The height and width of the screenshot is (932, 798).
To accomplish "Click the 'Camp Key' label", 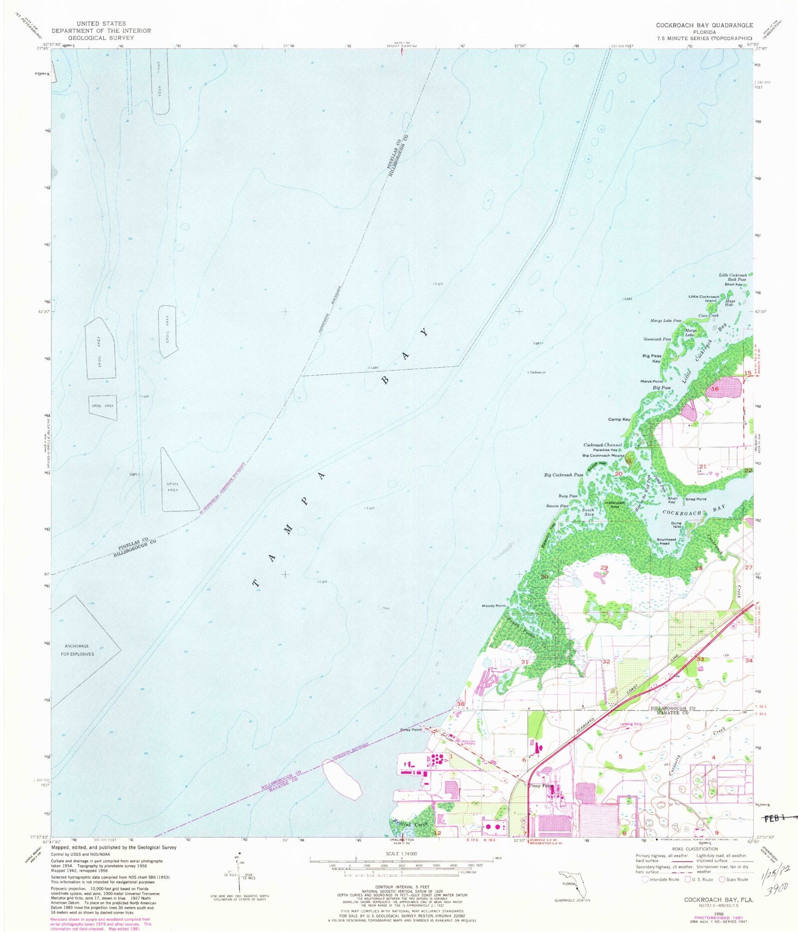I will click(619, 419).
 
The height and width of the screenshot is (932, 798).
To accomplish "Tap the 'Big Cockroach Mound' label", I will click(603, 455).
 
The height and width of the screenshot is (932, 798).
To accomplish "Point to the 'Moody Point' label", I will click(493, 606).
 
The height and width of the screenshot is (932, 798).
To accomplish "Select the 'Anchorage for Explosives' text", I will click(78, 650).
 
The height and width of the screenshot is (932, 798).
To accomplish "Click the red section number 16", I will click(715, 389).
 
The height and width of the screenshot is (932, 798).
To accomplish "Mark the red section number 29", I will click(604, 568).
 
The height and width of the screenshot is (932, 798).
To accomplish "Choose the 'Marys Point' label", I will click(651, 381).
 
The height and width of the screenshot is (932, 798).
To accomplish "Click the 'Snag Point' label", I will click(696, 499).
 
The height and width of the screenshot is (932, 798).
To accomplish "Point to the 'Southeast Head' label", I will click(666, 541).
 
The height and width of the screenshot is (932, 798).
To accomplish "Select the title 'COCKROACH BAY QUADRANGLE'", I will click(704, 25).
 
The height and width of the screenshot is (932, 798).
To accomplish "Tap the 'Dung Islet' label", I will click(676, 525).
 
